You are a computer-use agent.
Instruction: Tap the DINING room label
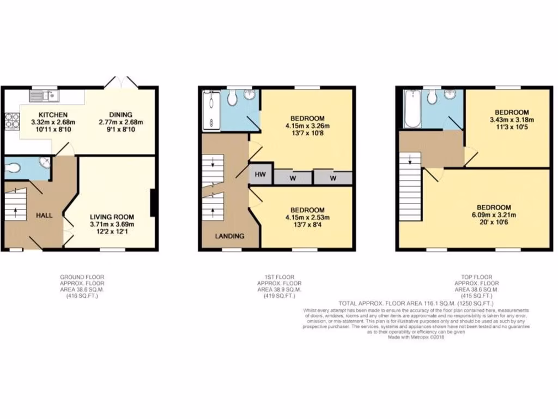point(121,115)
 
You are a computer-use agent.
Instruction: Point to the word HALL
point(44,216)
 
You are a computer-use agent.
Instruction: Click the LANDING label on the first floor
point(228,236)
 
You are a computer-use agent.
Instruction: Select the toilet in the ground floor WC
point(13,168)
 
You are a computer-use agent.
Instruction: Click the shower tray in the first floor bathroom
point(210,111)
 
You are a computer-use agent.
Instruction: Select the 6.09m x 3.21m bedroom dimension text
point(494,215)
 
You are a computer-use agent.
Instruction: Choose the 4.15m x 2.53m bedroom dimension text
point(307,218)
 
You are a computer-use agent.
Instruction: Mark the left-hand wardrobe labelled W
point(292,178)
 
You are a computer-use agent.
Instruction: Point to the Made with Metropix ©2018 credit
point(416,337)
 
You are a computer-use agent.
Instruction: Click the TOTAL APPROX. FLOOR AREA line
point(416,303)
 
